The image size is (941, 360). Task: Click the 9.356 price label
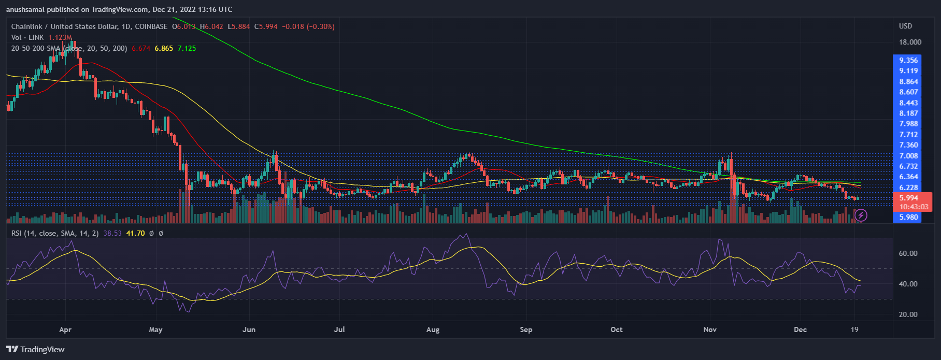908,60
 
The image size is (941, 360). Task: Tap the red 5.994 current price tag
908,198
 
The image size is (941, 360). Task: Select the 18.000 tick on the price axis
910,42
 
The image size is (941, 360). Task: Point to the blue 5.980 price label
908,217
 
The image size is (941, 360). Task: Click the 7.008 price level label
908,156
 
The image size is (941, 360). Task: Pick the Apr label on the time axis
65,329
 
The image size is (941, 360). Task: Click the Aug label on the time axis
433,329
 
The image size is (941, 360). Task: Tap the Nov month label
710,329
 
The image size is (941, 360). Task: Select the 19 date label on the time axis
854,329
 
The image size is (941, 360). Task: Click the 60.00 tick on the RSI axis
908,253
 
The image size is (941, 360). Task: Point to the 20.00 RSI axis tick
908,314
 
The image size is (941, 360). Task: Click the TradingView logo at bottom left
35,349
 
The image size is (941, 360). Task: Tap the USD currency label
905,26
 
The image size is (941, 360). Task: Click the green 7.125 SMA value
187,48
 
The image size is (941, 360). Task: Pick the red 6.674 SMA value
141,48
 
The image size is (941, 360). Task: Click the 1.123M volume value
60,37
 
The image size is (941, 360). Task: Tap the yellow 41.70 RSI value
135,233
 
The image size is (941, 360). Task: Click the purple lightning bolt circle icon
861,214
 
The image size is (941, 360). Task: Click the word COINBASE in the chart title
151,26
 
